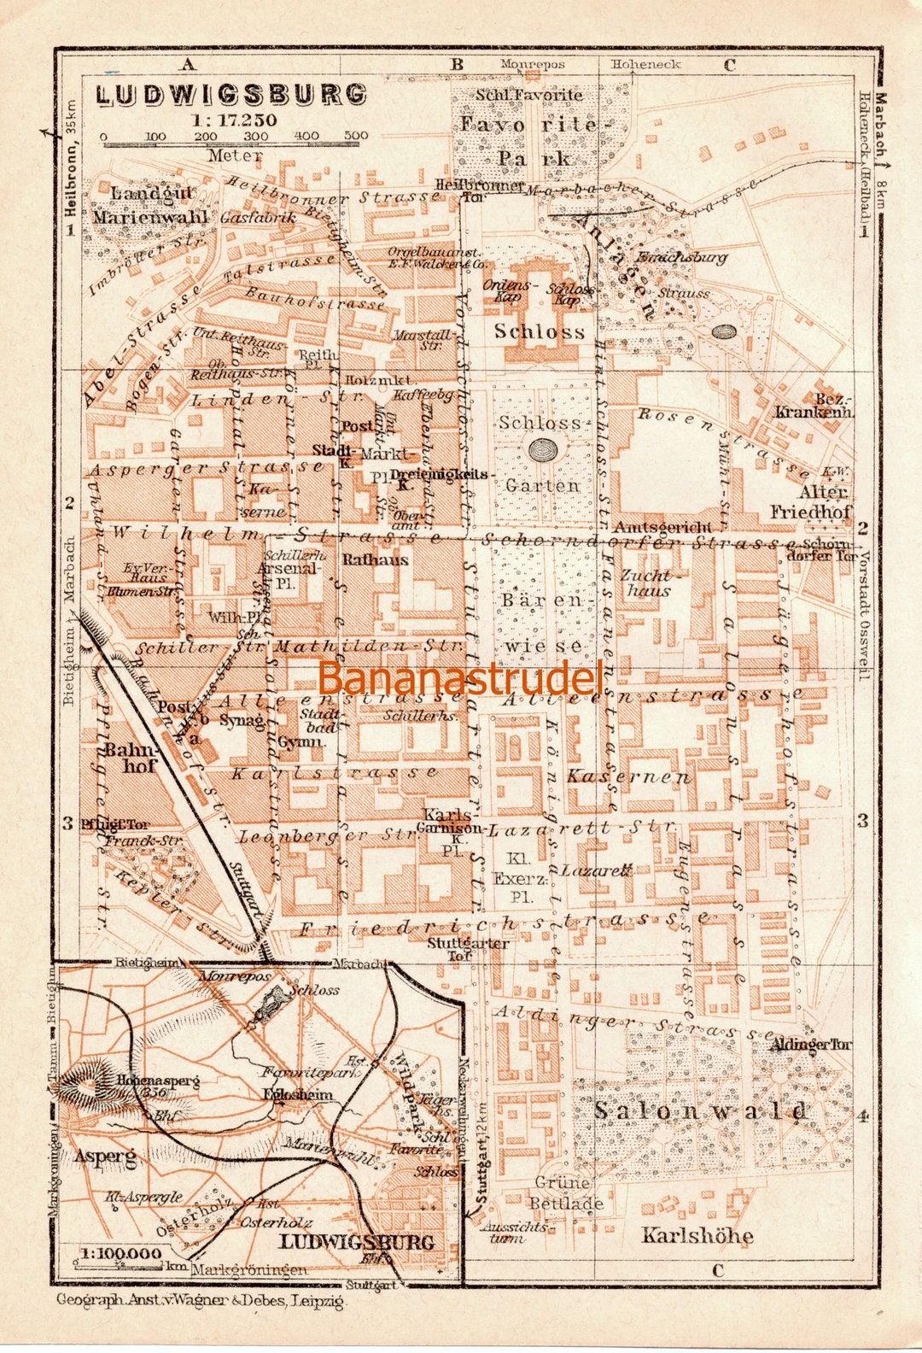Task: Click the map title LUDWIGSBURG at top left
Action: [231, 94]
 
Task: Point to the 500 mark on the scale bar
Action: [356, 136]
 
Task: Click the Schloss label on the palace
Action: [540, 331]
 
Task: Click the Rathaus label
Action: [375, 560]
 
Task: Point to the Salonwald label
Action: [700, 1111]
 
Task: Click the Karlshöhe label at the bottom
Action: [697, 1235]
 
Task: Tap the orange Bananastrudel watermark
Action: [461, 678]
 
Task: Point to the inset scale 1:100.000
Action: [120, 1254]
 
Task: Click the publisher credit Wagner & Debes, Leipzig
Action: [201, 1301]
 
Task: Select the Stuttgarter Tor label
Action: [468, 949]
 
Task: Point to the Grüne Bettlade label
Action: [564, 1193]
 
